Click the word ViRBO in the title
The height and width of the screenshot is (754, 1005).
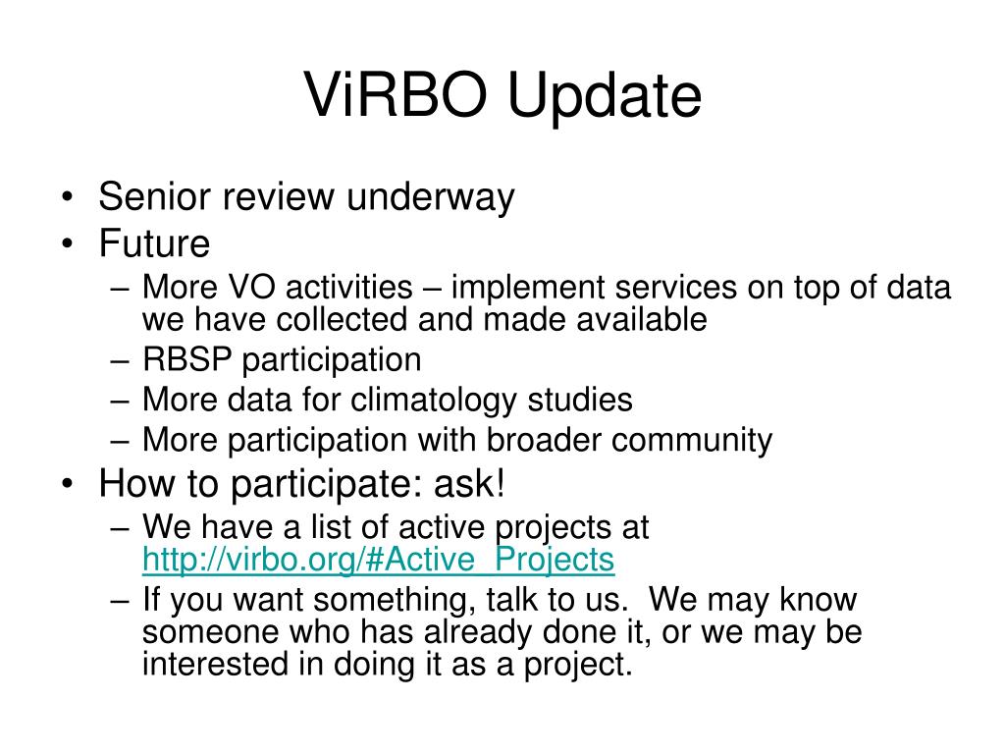396,94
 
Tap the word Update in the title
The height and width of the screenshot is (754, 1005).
605,97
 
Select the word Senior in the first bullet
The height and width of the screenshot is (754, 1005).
153,195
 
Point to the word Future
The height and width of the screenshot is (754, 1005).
154,243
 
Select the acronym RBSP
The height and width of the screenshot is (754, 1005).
186,358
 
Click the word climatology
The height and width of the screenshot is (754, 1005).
433,401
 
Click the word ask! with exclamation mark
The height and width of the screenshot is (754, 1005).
469,483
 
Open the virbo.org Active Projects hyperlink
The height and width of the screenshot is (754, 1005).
378,559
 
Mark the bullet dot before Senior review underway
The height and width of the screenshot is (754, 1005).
68,197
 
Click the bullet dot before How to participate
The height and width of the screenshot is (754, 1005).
68,485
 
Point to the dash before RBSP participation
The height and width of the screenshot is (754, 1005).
120,361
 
